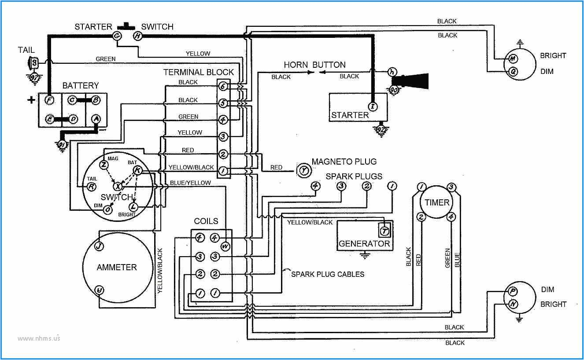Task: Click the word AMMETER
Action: [x=117, y=267]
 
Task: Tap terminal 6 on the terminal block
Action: [x=223, y=87]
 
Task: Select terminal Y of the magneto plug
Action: [x=303, y=169]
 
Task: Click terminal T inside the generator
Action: [x=384, y=230]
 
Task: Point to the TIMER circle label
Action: [x=437, y=203]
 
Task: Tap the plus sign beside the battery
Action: [x=31, y=99]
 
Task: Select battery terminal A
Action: [x=96, y=119]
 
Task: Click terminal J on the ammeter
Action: [x=100, y=246]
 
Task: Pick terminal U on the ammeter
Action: [x=100, y=290]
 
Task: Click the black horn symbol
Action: [x=412, y=81]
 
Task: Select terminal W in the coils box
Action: [x=226, y=246]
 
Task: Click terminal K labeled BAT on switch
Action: [x=137, y=170]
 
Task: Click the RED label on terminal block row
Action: [x=188, y=150]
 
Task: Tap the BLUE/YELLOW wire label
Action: [x=190, y=183]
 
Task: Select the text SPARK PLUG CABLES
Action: [x=328, y=274]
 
